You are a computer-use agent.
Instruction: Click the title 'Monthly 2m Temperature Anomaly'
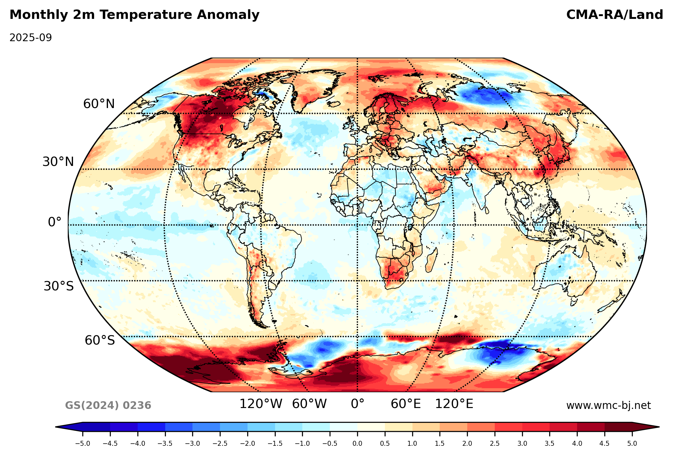pyautogui.click(x=134, y=15)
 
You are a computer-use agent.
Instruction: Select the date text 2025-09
pyautogui.click(x=31, y=38)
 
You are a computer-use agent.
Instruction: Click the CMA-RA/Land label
pyautogui.click(x=615, y=15)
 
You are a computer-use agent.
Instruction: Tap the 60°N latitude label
pyautogui.click(x=99, y=104)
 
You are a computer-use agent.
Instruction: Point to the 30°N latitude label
pyautogui.click(x=58, y=162)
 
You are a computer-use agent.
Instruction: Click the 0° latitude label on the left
pyautogui.click(x=55, y=222)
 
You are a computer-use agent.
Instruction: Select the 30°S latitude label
pyautogui.click(x=59, y=286)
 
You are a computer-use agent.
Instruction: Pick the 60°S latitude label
pyautogui.click(x=100, y=340)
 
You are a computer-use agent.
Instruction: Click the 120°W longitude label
pyautogui.click(x=261, y=404)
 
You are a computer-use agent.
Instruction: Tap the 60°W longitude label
pyautogui.click(x=309, y=404)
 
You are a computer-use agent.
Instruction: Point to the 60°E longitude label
pyautogui.click(x=406, y=404)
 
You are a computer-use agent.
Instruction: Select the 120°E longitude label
pyautogui.click(x=454, y=404)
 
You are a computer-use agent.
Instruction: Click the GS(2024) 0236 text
pyautogui.click(x=108, y=405)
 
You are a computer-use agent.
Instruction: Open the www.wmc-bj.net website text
pyautogui.click(x=608, y=405)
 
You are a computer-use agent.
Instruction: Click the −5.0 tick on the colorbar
pyautogui.click(x=83, y=444)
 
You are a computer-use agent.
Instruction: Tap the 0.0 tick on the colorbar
pyautogui.click(x=357, y=444)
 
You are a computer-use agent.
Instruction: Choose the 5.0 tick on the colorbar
pyautogui.click(x=632, y=444)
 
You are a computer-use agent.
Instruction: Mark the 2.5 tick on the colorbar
pyautogui.click(x=495, y=444)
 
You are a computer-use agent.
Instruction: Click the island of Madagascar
pyautogui.click(x=432, y=260)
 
